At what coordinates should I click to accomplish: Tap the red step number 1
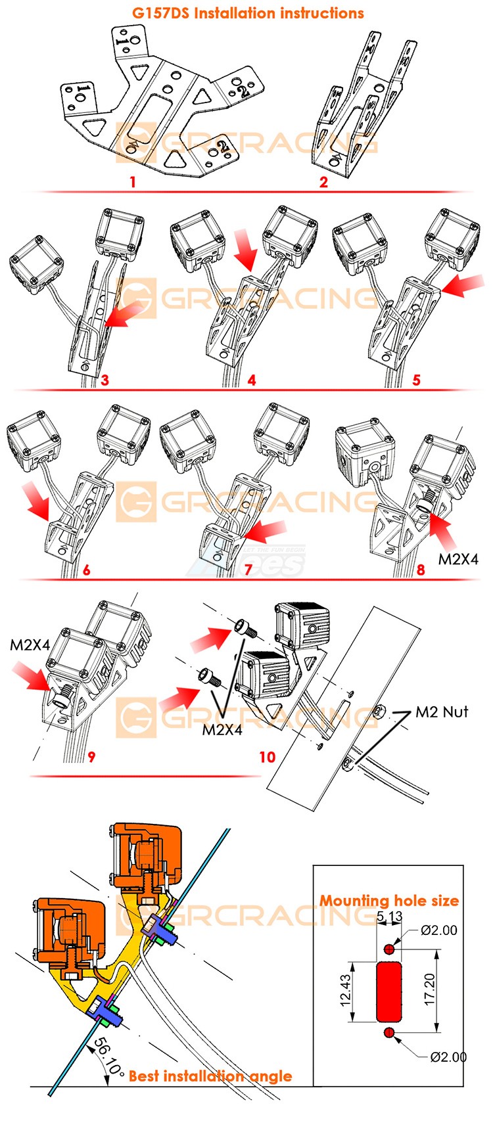(133, 181)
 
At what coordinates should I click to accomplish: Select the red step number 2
(323, 182)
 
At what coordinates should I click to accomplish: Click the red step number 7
(248, 570)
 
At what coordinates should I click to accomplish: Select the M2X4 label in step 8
(458, 559)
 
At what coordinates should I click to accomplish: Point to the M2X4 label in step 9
(30, 645)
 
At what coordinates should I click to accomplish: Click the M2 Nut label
(442, 712)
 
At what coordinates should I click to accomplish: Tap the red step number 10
(267, 758)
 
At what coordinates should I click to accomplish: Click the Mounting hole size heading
(389, 900)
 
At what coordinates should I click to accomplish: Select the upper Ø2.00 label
(439, 930)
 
